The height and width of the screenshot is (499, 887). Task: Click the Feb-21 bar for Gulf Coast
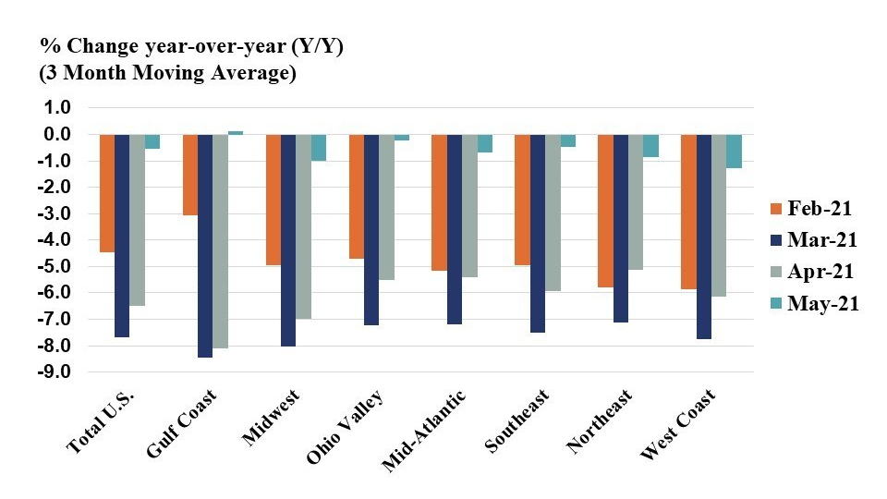coord(190,175)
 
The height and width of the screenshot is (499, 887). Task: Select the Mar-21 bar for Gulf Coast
coord(205,246)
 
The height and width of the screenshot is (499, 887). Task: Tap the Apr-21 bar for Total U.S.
coord(137,220)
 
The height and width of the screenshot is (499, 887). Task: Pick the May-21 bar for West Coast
coord(734,151)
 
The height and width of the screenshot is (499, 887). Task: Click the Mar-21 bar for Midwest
coord(288,240)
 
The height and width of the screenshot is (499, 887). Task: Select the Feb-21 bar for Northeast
coord(605,211)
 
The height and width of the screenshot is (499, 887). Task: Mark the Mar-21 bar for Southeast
coord(537,233)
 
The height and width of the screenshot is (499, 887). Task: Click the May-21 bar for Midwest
coord(318,148)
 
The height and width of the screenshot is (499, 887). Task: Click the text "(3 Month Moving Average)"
coord(167,75)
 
